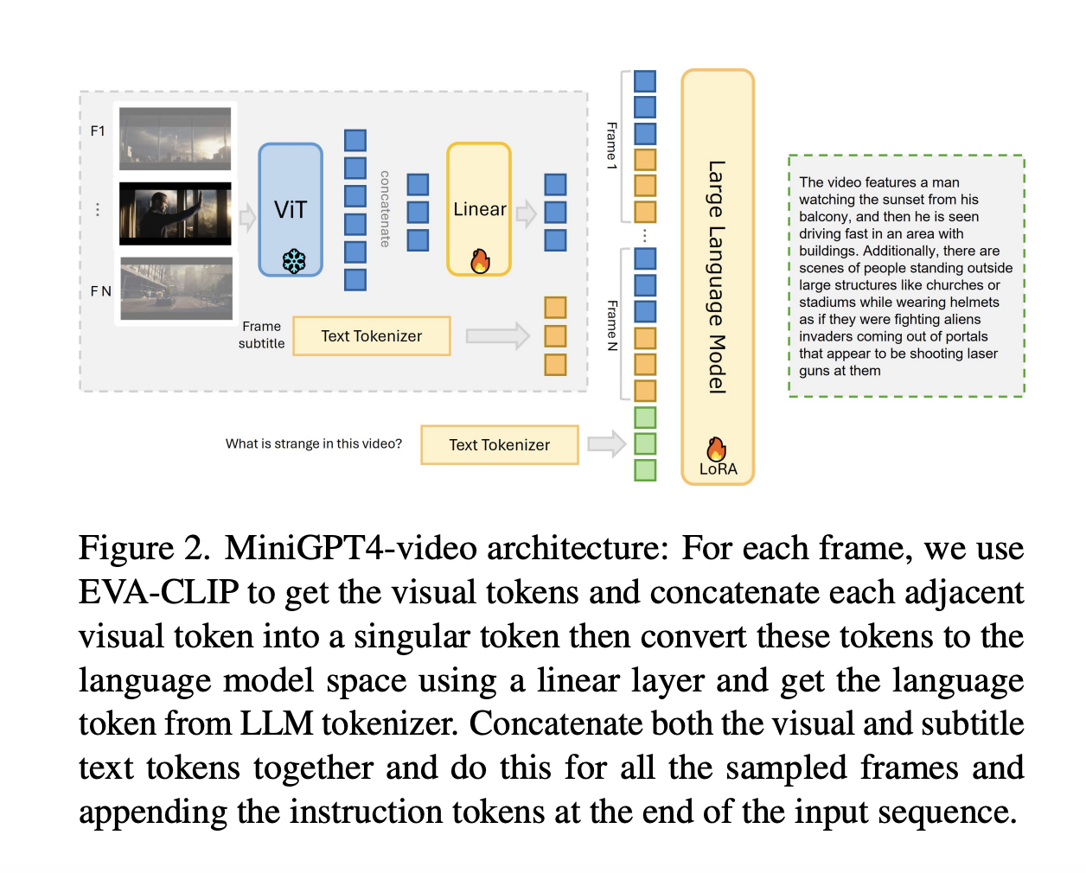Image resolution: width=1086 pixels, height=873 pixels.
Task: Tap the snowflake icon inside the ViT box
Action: (294, 261)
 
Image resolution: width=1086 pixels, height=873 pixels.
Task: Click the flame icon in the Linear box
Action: (480, 260)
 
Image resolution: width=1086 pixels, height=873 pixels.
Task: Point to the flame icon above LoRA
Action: (716, 449)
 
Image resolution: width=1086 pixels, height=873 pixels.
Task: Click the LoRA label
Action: (718, 469)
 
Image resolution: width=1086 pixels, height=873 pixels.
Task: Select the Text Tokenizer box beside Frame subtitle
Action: (371, 336)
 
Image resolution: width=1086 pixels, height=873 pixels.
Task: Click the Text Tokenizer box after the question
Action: (499, 445)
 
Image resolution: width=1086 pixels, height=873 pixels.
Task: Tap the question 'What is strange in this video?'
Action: (313, 444)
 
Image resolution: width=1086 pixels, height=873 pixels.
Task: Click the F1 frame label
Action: (98, 131)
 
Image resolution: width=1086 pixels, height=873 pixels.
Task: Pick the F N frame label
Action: (100, 291)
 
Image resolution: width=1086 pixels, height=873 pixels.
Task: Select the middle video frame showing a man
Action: (176, 213)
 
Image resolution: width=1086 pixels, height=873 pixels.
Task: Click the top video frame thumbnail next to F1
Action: (176, 138)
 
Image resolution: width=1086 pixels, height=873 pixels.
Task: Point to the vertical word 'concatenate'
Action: (385, 208)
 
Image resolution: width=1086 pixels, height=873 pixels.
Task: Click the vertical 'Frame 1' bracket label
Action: (612, 145)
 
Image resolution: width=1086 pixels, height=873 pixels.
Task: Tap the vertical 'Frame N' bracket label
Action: (612, 325)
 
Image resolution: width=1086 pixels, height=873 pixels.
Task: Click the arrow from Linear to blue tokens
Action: (526, 213)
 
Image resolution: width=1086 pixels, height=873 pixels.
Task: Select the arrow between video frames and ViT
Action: (247, 217)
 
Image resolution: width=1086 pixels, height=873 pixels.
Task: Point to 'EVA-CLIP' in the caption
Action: (158, 593)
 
